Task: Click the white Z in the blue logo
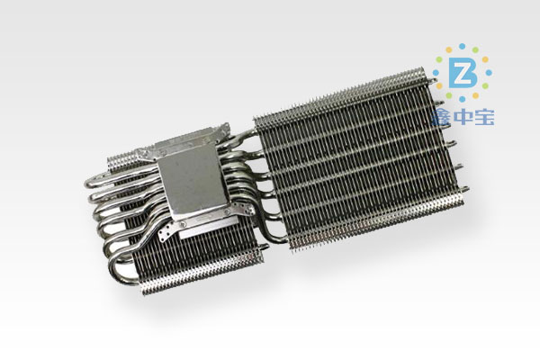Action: coord(463,73)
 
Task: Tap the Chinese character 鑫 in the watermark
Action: coord(442,116)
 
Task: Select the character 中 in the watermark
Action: coord(463,116)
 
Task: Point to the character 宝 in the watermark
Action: coord(484,116)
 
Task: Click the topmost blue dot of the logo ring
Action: coord(463,46)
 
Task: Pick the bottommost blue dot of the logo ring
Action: coord(463,99)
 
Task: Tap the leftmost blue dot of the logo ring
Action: coord(436,73)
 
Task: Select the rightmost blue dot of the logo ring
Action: coord(489,73)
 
